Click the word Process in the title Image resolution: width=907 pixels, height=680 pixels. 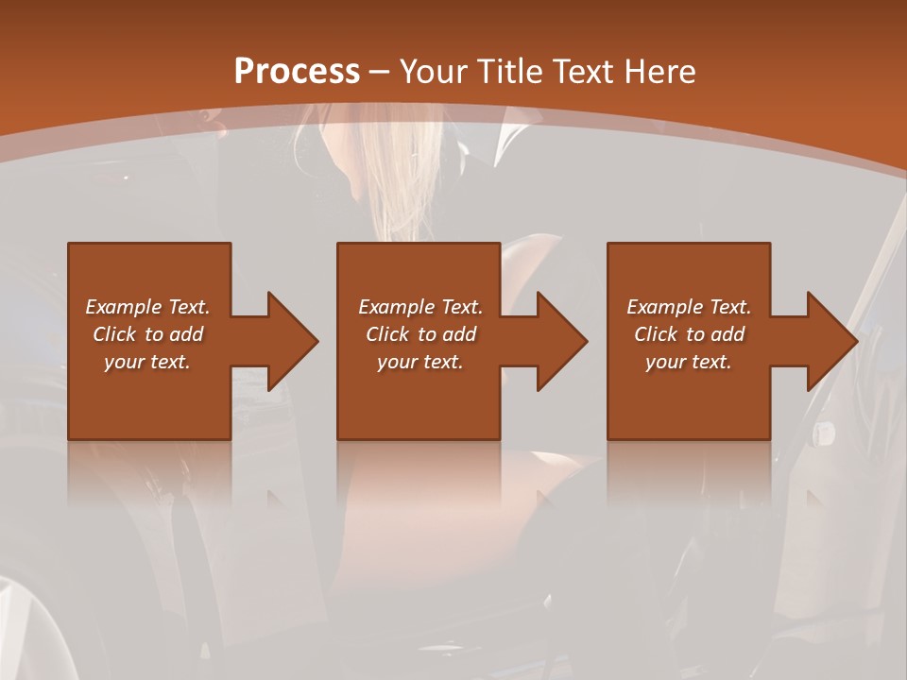(297, 71)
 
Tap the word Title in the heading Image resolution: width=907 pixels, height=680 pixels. (505, 71)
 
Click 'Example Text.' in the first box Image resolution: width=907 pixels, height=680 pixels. (147, 307)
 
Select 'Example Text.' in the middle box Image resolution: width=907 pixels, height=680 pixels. (420, 307)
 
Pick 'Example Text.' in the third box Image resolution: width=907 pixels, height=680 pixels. (689, 307)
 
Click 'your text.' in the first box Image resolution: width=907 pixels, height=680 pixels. (147, 362)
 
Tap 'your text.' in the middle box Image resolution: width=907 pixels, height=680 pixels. (420, 362)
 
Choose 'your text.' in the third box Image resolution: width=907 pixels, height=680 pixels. (689, 362)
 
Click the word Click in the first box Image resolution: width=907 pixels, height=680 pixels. (113, 334)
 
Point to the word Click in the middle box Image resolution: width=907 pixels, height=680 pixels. (386, 334)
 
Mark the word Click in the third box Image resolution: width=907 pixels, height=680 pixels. (655, 334)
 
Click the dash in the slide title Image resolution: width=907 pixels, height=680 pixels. (380, 72)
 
